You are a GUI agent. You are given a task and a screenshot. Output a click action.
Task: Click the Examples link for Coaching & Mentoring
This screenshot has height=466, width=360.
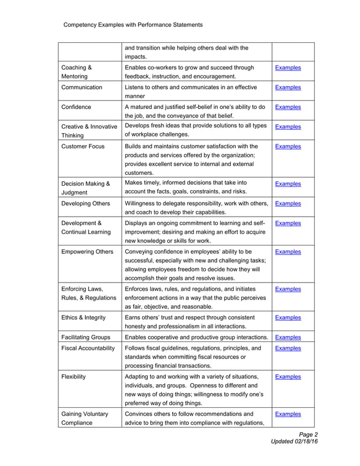tap(287, 68)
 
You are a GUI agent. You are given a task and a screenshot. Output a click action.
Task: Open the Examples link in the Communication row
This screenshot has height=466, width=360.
tap(287, 87)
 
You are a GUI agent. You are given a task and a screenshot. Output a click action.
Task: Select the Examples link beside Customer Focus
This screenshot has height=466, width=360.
tap(287, 147)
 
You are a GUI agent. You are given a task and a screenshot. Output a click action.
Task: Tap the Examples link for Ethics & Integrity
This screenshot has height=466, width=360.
tap(287, 318)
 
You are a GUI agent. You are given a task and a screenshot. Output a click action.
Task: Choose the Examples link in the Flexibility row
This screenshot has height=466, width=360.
tap(287, 377)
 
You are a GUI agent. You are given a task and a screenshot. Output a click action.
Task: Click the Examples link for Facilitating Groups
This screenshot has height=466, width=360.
tap(287, 337)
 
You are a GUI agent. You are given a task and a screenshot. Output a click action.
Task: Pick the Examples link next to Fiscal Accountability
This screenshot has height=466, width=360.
tap(287, 349)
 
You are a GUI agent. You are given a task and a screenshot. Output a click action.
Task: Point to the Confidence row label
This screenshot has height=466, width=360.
tap(76, 107)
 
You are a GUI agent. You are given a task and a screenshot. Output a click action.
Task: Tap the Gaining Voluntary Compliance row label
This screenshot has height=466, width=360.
tap(85, 418)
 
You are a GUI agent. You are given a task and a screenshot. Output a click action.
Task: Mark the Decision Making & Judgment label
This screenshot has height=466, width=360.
tap(85, 187)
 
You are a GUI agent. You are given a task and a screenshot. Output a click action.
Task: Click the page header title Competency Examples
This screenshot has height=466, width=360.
tap(133, 25)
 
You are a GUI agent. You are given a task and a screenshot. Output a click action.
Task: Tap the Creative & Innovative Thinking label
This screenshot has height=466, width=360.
tap(89, 130)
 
